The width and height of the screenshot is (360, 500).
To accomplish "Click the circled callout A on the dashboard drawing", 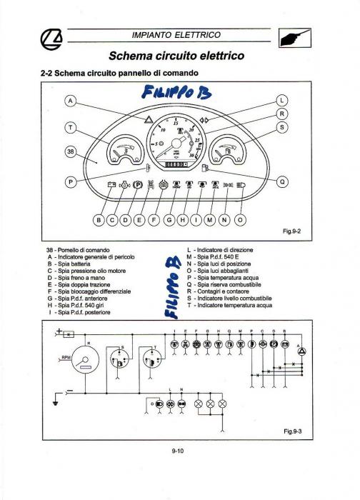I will pos(70,101).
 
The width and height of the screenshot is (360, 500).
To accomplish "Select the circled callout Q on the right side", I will pos(281,181).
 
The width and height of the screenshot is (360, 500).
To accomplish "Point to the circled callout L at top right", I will pos(281,101).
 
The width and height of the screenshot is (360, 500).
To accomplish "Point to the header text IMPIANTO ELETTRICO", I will pos(176,35).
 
